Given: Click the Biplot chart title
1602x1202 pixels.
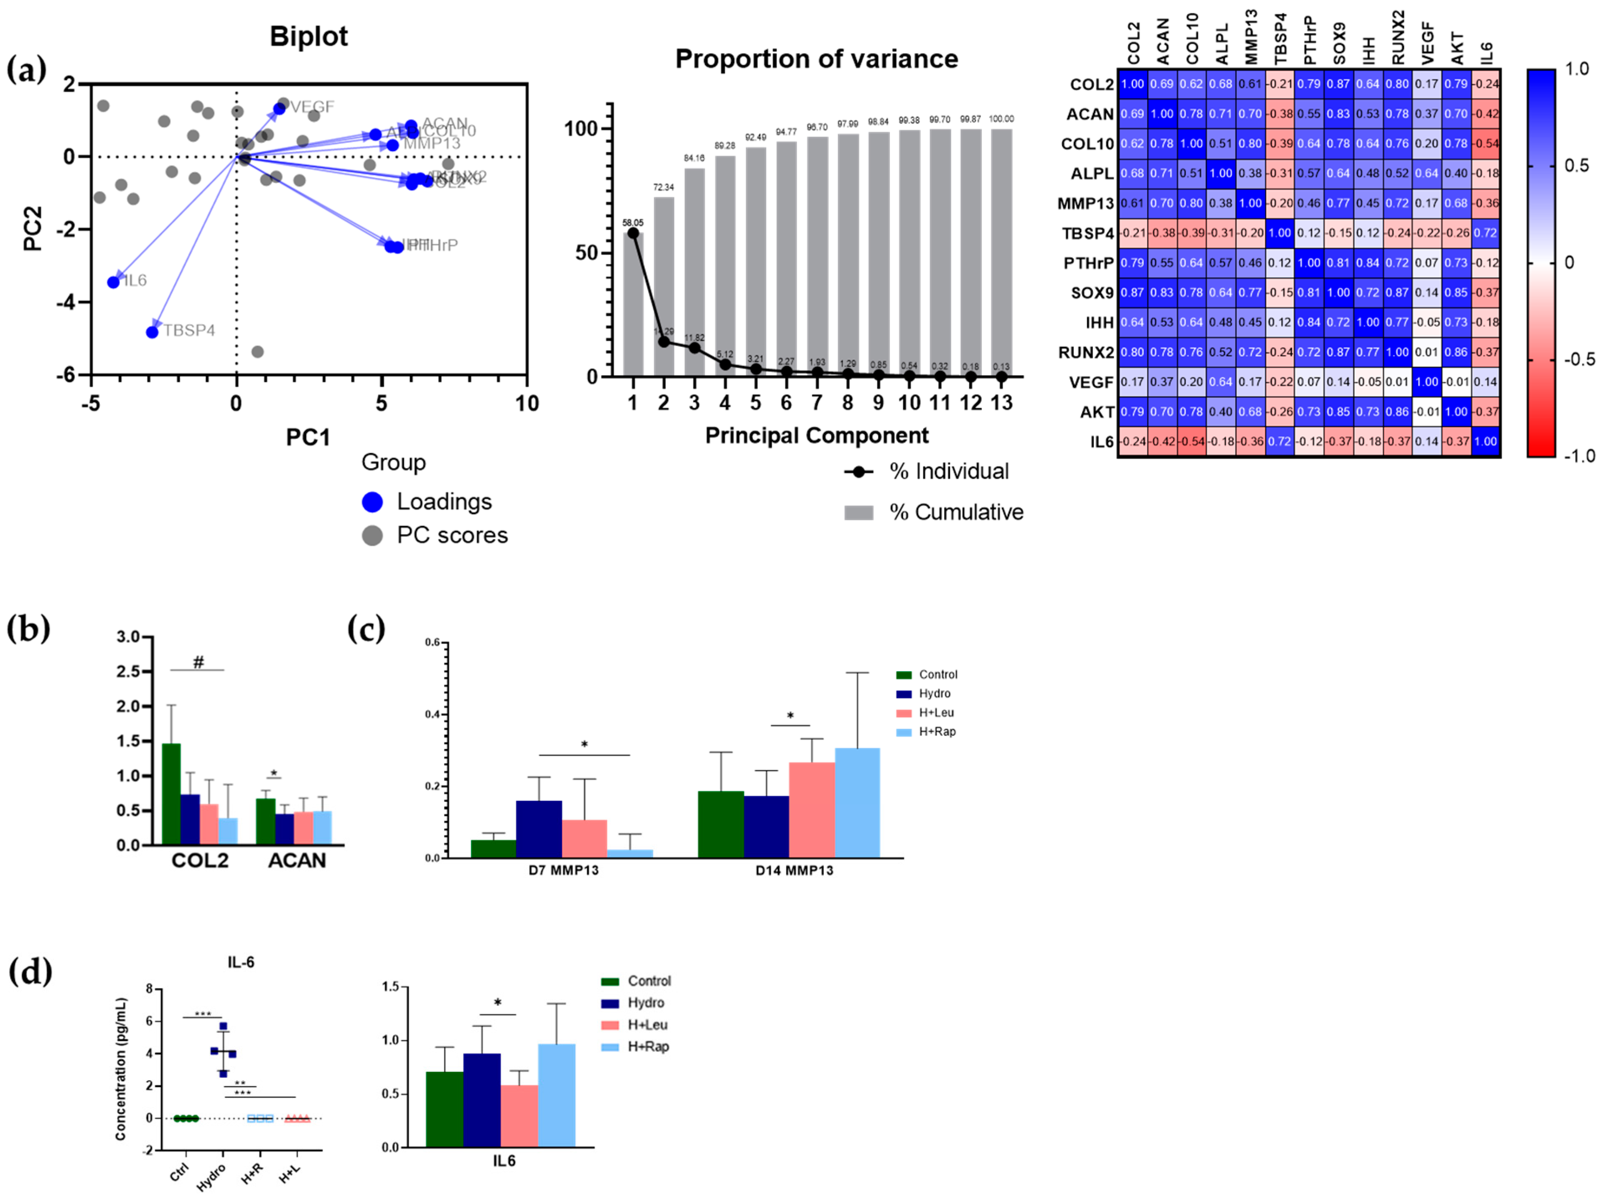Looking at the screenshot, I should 308,36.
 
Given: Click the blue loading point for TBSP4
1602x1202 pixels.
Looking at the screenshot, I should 152,332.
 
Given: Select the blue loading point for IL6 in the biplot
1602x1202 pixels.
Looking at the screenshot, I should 114,282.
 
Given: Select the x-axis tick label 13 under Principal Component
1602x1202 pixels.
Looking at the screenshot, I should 1001,403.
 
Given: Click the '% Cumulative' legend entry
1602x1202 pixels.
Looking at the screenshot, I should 956,512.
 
